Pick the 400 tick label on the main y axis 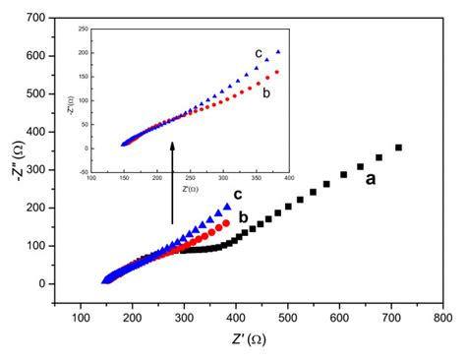[36, 132]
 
